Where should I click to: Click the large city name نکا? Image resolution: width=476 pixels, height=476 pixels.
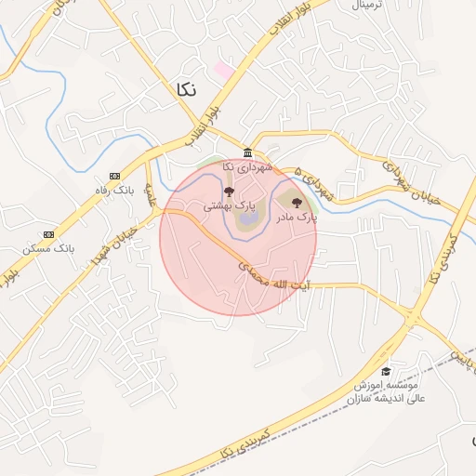[185, 88]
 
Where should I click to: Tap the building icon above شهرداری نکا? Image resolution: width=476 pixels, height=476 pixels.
[246, 153]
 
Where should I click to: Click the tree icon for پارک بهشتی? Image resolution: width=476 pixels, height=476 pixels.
[229, 192]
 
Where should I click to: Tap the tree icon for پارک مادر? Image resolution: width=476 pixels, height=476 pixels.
[297, 202]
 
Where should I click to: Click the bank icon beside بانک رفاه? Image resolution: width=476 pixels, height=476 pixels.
[115, 176]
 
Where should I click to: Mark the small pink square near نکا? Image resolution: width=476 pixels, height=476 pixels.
[223, 69]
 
